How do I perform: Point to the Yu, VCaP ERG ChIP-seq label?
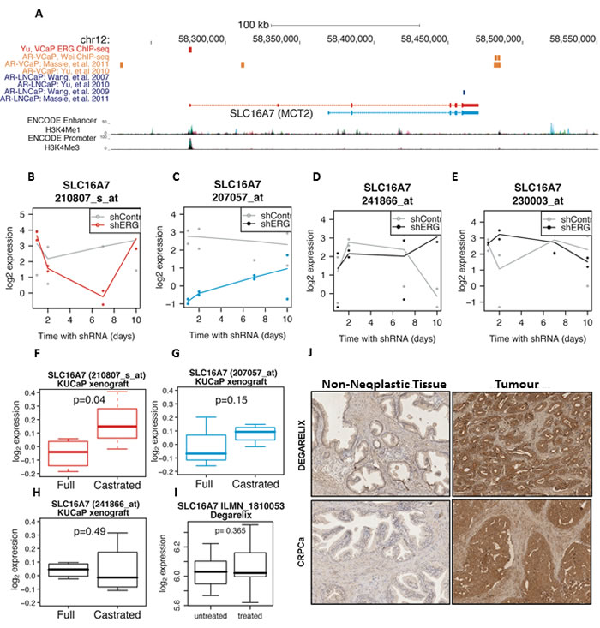52,48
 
